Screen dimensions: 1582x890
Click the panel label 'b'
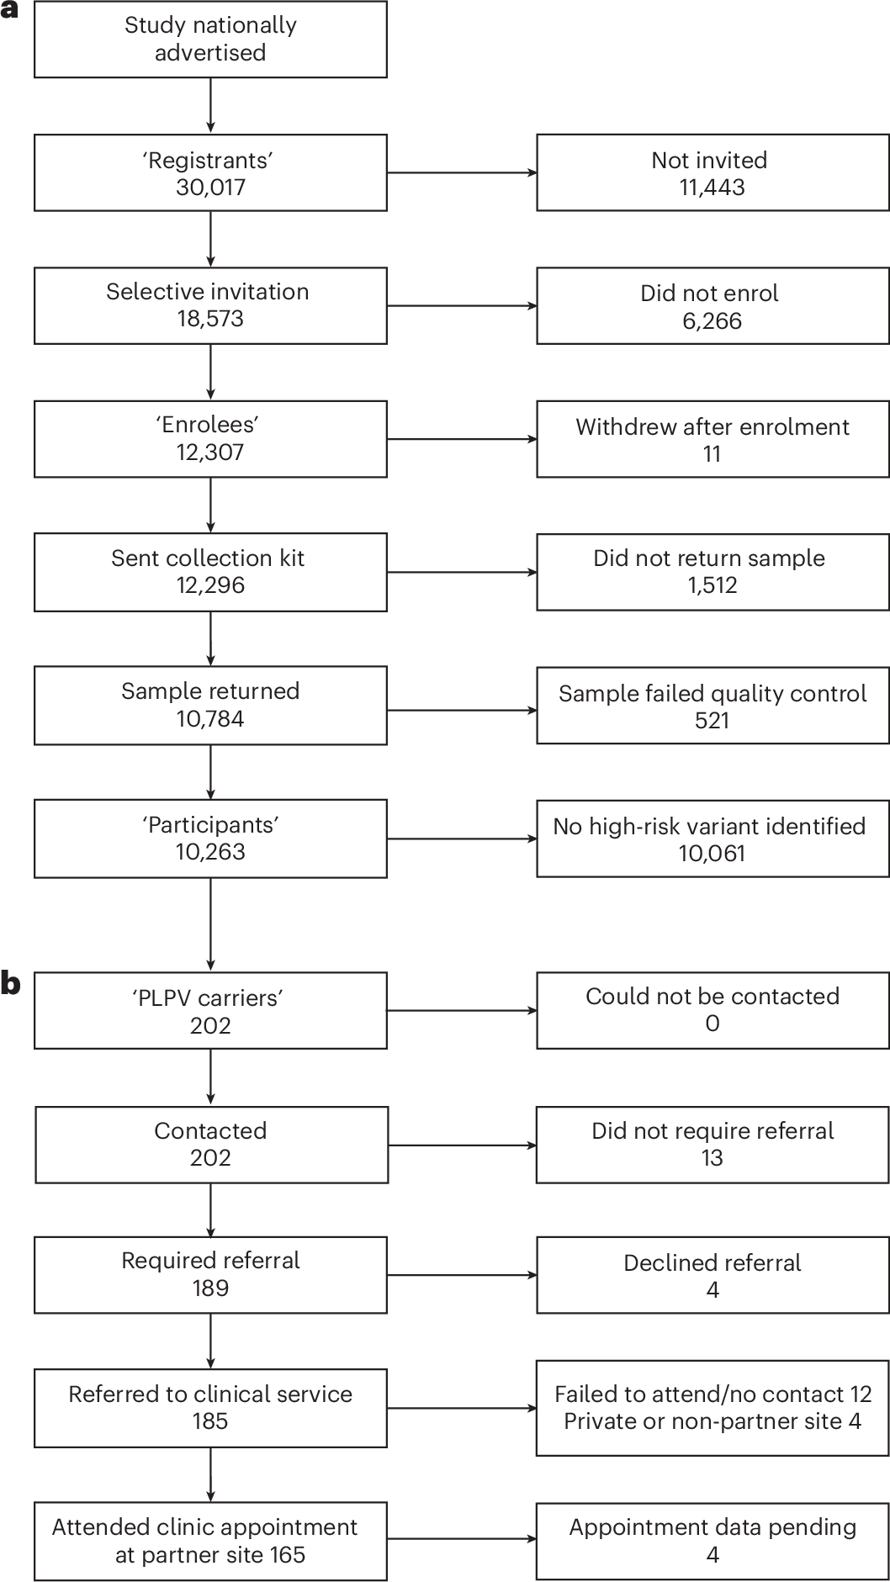click(x=11, y=983)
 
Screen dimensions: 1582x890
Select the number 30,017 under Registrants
click(x=210, y=187)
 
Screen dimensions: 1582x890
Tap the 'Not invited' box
click(x=712, y=172)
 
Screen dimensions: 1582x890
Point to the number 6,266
click(x=712, y=320)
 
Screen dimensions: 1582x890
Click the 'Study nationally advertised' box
click(x=210, y=39)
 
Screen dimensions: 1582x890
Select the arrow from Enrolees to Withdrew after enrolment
click(x=461, y=439)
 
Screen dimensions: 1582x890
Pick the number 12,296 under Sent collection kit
click(x=210, y=585)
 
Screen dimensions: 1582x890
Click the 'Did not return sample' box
click(x=712, y=571)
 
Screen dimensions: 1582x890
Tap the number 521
click(x=712, y=720)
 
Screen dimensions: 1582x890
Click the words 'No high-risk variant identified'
click(x=709, y=826)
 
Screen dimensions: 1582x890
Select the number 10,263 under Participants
click(x=210, y=851)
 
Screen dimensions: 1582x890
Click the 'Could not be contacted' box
click(x=712, y=1009)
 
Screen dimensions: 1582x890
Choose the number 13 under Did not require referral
click(x=712, y=1157)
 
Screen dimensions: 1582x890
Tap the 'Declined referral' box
click(x=712, y=1275)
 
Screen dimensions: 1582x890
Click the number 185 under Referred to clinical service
click(x=210, y=1421)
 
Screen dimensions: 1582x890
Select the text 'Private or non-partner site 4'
click(x=712, y=1421)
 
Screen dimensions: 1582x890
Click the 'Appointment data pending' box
click(x=712, y=1540)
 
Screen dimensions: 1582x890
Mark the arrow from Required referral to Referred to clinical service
click(x=210, y=1341)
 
